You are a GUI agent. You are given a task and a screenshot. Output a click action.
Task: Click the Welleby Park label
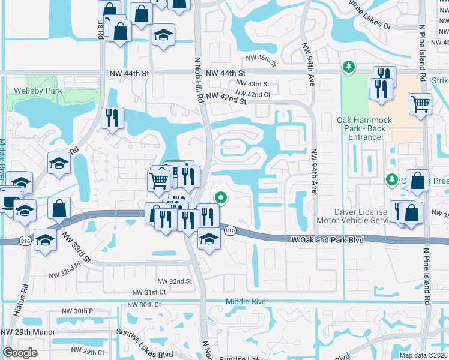click(x=34, y=91)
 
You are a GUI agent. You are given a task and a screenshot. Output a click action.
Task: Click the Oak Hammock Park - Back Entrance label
click(x=364, y=128)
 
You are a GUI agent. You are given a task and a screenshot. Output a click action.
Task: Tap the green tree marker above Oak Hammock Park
click(x=348, y=66)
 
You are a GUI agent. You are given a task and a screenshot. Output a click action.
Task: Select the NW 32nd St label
click(x=175, y=281)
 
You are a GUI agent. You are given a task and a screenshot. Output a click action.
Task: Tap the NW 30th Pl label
click(x=79, y=311)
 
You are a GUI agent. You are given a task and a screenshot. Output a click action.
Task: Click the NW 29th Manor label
click(x=25, y=332)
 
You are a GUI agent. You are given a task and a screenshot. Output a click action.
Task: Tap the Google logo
click(x=20, y=353)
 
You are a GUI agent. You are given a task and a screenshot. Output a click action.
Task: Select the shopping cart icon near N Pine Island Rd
click(x=420, y=104)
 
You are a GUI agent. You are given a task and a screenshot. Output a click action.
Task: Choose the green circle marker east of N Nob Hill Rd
click(x=221, y=196)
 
